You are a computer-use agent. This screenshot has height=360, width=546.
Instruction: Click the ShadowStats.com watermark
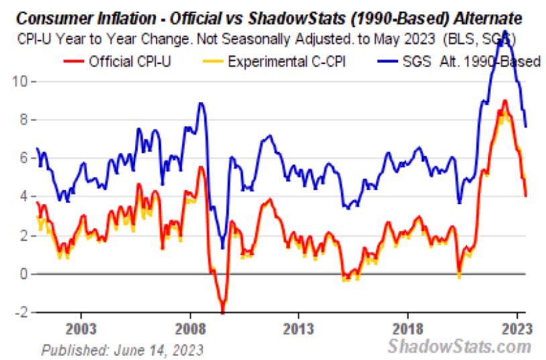[x=459, y=347]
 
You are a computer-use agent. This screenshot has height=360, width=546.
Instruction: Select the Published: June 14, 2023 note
[x=122, y=349]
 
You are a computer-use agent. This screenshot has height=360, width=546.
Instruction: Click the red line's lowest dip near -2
[x=222, y=311]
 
